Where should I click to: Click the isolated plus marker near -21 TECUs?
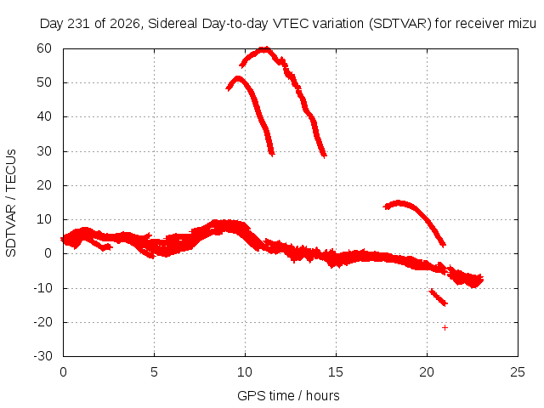pos(445,327)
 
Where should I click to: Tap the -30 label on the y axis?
pos(42,356)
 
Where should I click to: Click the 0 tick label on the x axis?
pos(63,372)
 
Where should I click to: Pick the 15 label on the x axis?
pos(336,372)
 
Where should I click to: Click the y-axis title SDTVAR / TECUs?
pos(11,203)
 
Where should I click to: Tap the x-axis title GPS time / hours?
pos(288,395)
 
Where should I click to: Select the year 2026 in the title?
pos(125,24)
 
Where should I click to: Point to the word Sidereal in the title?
pos(173,24)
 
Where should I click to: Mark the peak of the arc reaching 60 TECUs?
pos(264,49)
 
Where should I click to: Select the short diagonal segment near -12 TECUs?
pos(439,297)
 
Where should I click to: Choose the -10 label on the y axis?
pos(42,288)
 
